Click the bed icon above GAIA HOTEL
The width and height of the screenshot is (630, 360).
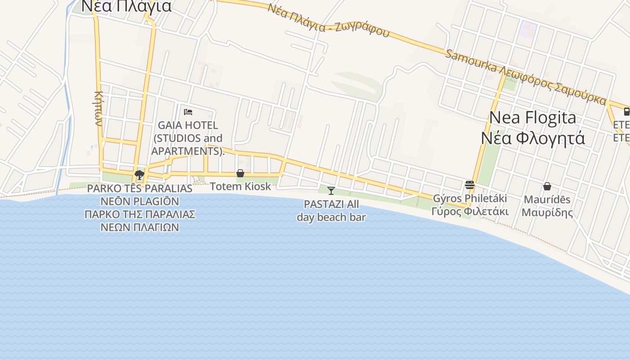point(188,112)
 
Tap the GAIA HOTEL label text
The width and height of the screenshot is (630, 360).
point(188,125)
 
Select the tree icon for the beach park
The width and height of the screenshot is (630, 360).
point(139,175)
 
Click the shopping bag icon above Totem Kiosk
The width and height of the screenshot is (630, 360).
point(240,173)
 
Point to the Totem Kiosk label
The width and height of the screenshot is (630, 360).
point(240,186)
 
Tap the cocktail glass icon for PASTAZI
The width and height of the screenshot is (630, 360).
point(331,191)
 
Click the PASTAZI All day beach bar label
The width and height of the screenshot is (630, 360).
point(331,211)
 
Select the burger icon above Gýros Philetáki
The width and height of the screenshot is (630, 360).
point(470,184)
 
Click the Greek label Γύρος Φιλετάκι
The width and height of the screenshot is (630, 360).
point(470,211)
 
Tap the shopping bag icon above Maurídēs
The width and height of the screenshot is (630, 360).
point(547,186)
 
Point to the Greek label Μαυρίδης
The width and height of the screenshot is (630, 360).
point(547,212)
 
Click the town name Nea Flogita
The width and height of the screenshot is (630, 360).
point(532,117)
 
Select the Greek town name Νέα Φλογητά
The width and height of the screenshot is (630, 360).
point(533,137)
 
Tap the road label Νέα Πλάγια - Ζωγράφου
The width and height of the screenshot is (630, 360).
point(328,21)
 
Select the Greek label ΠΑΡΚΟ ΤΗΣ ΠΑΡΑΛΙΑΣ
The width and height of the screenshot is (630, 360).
point(139,214)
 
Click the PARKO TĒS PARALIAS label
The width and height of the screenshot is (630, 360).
point(139,189)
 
